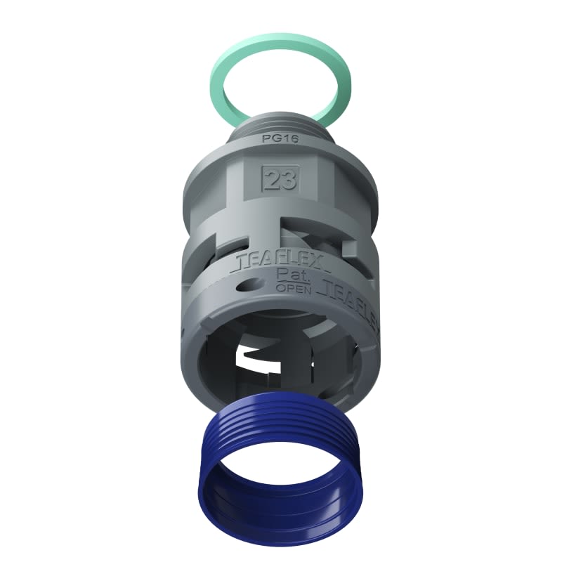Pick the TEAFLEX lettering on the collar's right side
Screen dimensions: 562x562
(351, 295)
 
